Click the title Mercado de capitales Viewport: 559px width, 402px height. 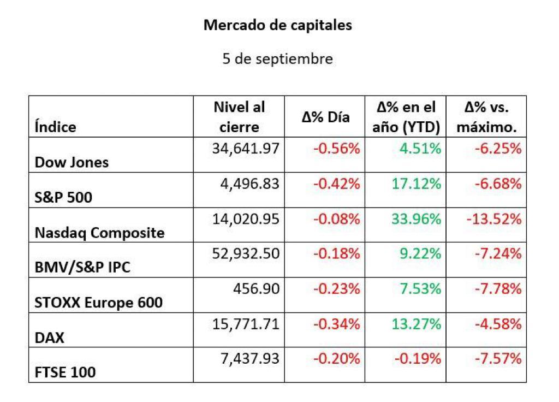click(278, 26)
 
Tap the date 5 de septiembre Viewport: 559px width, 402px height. click(278, 59)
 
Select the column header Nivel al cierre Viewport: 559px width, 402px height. click(239, 117)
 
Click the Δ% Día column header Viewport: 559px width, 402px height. click(325, 117)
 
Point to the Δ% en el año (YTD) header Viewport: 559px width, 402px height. click(406, 117)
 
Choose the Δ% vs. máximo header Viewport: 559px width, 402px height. click(486, 117)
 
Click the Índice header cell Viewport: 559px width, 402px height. click(55, 127)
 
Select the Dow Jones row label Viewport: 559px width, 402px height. click(72, 162)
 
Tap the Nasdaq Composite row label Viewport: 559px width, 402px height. click(99, 233)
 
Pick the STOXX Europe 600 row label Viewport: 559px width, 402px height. click(98, 303)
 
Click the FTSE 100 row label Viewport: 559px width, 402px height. click(66, 373)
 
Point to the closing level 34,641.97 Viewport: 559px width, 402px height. click(246, 149)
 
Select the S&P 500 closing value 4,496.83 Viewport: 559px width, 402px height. click(249, 184)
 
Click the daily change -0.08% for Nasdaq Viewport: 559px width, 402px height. click(336, 219)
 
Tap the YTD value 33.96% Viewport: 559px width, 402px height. click(417, 219)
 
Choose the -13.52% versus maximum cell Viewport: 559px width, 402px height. click(494, 219)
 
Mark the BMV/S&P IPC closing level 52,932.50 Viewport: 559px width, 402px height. click(246, 254)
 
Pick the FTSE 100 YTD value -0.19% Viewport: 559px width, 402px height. click(418, 358)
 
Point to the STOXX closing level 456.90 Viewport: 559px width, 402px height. click(257, 289)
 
